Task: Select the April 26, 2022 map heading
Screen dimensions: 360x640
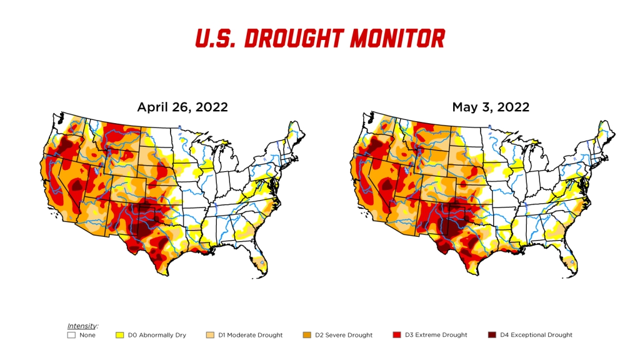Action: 182,107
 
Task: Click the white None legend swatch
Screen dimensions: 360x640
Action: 71,335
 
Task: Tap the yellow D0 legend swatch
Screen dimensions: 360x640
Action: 119,335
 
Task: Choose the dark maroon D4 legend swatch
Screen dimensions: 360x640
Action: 492,335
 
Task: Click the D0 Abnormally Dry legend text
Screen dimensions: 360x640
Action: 157,335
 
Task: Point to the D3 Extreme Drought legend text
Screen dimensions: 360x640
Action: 436,335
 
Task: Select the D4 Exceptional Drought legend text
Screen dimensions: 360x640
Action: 536,335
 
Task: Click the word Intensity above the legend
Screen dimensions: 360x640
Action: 82,326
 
